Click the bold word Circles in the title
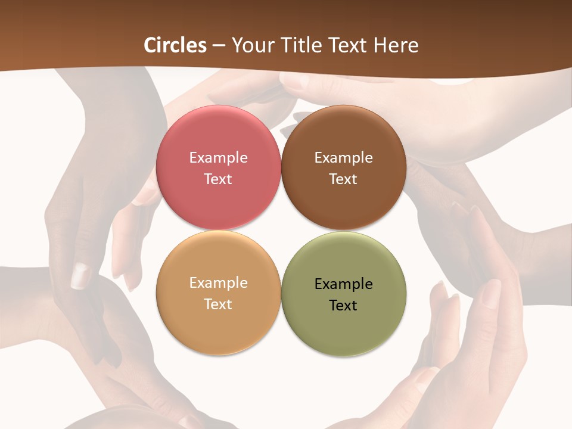(175, 45)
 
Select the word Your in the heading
(251, 45)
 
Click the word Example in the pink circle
(218, 158)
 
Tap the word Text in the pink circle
(218, 179)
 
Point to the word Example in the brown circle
(343, 158)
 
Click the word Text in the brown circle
(343, 179)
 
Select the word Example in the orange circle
(218, 283)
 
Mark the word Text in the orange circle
(218, 304)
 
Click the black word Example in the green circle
(343, 284)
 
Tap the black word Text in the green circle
(343, 305)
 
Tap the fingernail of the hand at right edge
(492, 292)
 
